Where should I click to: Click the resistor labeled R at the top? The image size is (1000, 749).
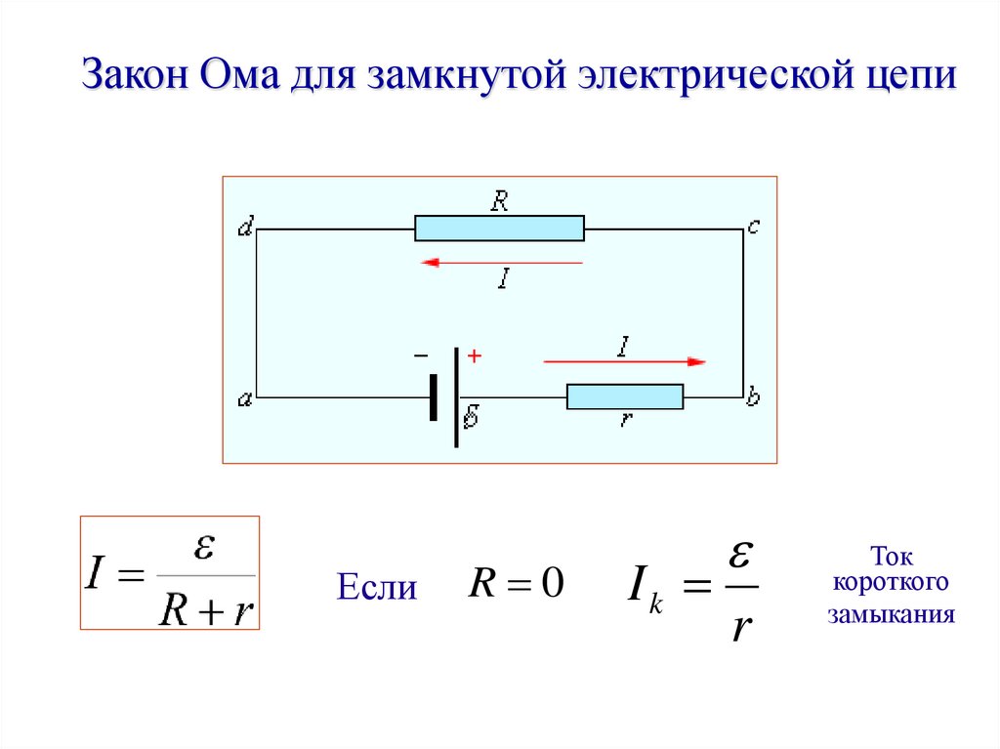point(499,229)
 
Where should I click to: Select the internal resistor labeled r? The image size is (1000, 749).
point(625,396)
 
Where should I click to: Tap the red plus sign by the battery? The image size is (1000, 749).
point(475,357)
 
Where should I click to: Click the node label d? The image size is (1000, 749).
point(245,229)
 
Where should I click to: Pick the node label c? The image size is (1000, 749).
point(753,228)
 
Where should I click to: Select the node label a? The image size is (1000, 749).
point(245,398)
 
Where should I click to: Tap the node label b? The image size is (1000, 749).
point(753,397)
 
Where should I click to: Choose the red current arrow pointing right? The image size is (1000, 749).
point(625,361)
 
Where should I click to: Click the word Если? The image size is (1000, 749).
point(377,588)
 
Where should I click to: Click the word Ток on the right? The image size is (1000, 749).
point(890,558)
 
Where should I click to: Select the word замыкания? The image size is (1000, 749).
point(890,616)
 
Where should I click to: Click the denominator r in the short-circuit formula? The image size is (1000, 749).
point(741,626)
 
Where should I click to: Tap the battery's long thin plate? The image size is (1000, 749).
point(456,397)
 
